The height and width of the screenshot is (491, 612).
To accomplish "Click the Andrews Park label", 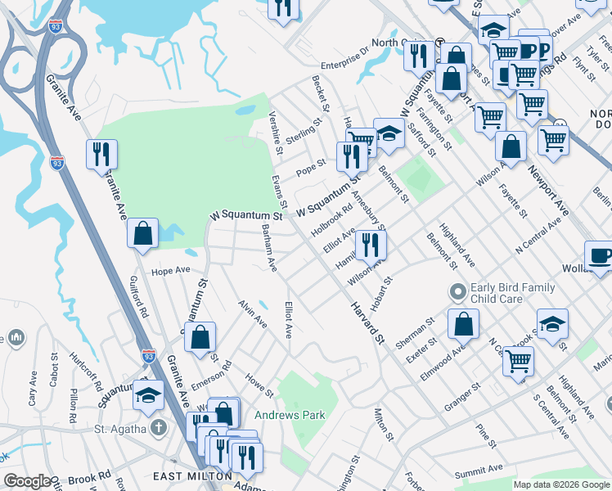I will pos(290,415).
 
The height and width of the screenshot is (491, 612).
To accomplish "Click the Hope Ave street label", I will pos(170,269).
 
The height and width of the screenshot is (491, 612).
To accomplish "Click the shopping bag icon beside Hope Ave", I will pos(143,233).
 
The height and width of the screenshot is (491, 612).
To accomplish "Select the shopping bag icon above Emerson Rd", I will pos(200,336).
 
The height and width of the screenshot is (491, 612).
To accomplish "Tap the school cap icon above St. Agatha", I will pos(147,394).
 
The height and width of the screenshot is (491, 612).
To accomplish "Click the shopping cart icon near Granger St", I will pos(517,359).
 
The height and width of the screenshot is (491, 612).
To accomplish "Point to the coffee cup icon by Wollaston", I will pos(600,255).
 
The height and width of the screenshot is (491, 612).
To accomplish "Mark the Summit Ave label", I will pos(479,470).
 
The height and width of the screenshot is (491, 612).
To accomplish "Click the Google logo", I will pos(28,481).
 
